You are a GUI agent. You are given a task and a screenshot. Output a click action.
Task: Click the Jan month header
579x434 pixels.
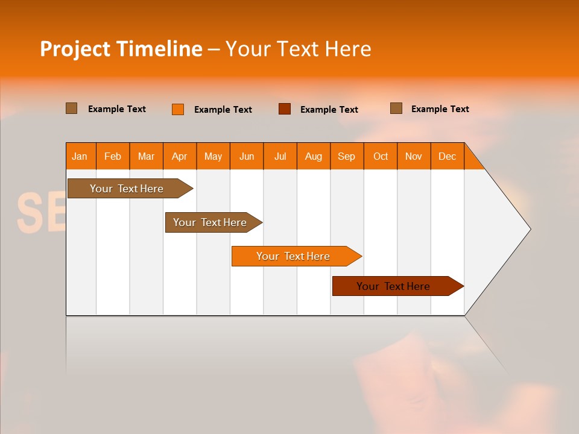(x=80, y=156)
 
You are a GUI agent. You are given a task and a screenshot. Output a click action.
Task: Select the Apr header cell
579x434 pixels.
(x=179, y=156)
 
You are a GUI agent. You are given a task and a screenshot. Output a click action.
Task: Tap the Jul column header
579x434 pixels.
(x=280, y=156)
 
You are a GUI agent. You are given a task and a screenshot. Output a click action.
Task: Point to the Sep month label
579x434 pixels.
(x=346, y=156)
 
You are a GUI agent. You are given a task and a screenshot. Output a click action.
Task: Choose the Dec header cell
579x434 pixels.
(x=447, y=156)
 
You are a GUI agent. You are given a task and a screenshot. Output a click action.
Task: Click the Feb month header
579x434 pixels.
(x=113, y=156)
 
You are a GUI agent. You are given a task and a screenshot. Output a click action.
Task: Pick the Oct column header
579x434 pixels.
(x=380, y=156)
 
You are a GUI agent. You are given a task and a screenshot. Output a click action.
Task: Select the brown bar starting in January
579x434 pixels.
(x=127, y=189)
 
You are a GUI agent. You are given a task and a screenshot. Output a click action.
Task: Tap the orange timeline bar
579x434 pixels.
(x=294, y=256)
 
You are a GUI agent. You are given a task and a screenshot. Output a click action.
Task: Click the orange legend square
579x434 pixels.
(x=178, y=109)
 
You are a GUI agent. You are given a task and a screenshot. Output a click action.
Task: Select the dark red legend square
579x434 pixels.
(x=285, y=109)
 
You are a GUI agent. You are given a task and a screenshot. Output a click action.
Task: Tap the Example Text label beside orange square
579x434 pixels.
(x=223, y=110)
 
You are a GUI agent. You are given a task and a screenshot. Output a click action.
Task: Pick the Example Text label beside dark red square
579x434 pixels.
(x=329, y=110)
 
